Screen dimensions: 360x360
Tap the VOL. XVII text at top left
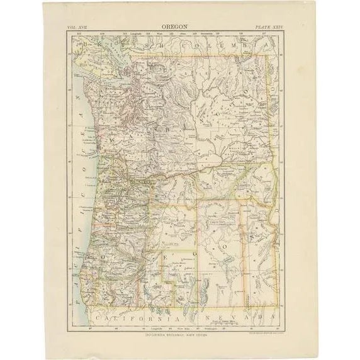79,28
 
